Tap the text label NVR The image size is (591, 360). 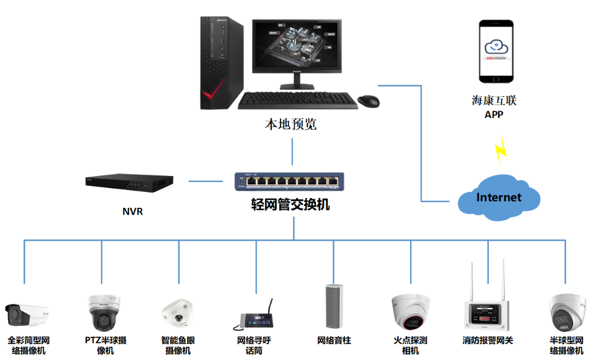pyautogui.click(x=132, y=212)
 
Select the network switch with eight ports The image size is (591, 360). pyautogui.click(x=289, y=181)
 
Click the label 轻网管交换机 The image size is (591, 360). pyautogui.click(x=290, y=205)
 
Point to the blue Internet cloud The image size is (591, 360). pyautogui.click(x=499, y=197)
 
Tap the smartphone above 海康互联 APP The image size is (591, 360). pyautogui.click(x=496, y=52)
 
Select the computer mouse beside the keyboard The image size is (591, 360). pyautogui.click(x=368, y=101)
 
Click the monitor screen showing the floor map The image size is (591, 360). pyautogui.click(x=298, y=44)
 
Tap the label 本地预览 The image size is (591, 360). pyautogui.click(x=290, y=125)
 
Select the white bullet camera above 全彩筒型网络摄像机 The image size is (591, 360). pyautogui.click(x=27, y=315)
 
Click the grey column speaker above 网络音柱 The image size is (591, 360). pyautogui.click(x=333, y=307)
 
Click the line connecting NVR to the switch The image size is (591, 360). pyautogui.click(x=205, y=181)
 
